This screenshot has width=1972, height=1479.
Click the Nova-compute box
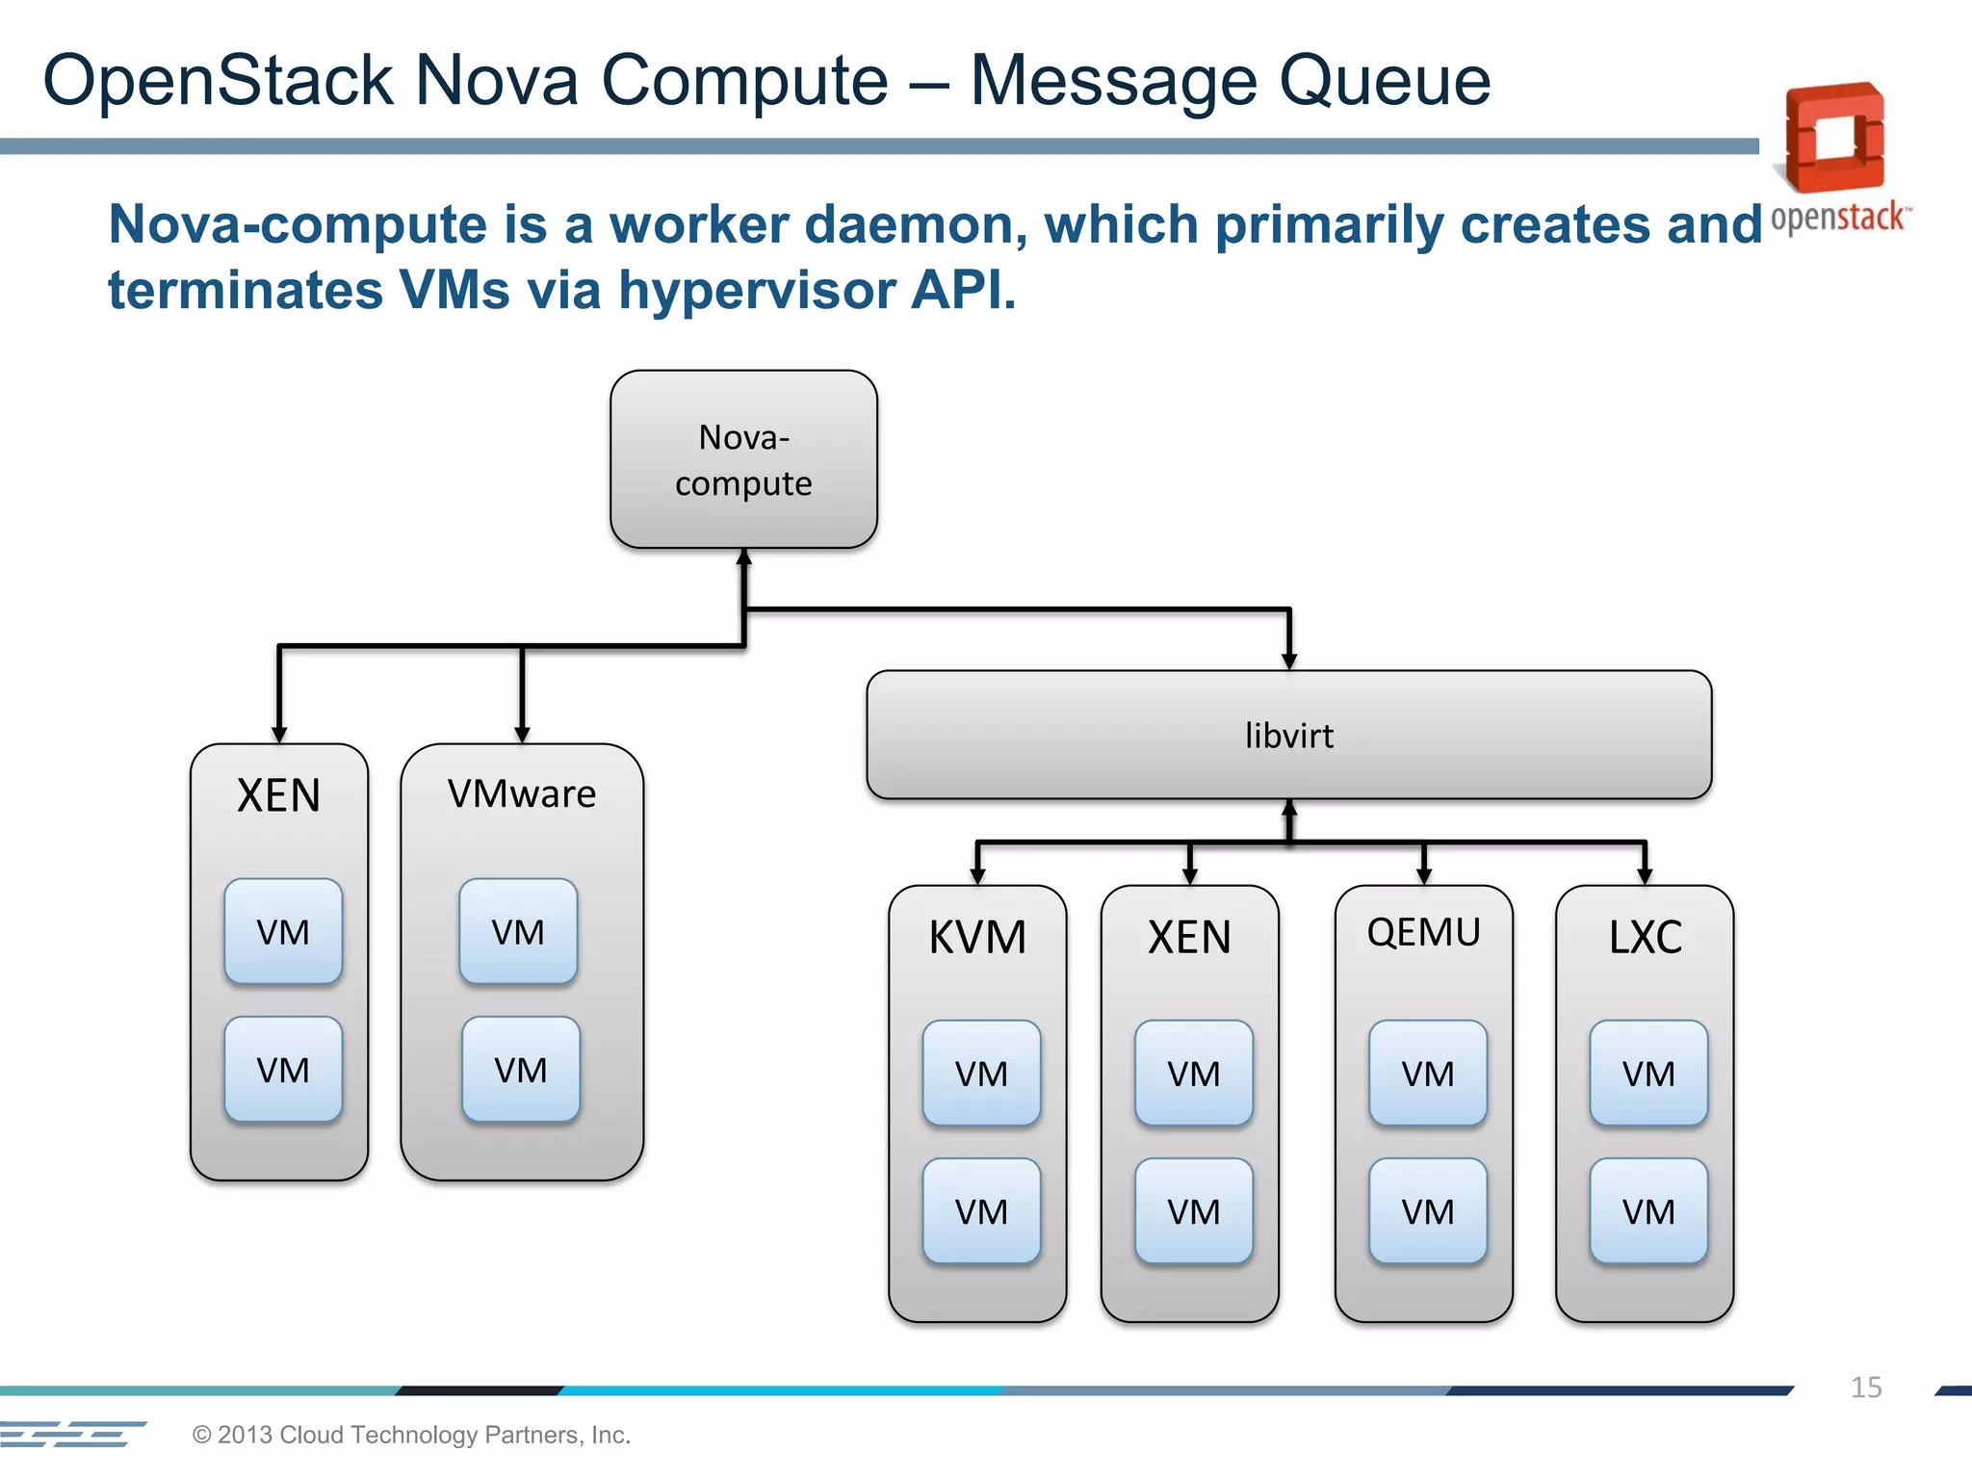743,459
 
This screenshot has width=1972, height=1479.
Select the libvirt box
1288,736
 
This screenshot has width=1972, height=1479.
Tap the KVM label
977,937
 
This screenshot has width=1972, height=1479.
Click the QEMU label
1423,932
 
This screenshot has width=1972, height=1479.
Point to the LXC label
1645,937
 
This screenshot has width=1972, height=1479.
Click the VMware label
521,794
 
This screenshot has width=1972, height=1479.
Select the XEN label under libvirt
1189,937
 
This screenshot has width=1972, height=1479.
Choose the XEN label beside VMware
278,795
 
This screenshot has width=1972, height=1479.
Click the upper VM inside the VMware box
518,931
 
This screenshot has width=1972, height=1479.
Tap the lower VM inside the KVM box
981,1211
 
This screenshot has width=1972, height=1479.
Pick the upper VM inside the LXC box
1648,1073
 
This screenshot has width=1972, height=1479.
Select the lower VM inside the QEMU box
1427,1211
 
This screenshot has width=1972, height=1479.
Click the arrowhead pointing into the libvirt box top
1289,662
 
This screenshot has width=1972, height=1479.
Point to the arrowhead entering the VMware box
522,735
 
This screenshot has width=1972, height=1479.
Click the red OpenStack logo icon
1835,138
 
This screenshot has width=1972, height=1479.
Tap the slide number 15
1865,1388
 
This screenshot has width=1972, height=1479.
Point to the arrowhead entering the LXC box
1645,876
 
